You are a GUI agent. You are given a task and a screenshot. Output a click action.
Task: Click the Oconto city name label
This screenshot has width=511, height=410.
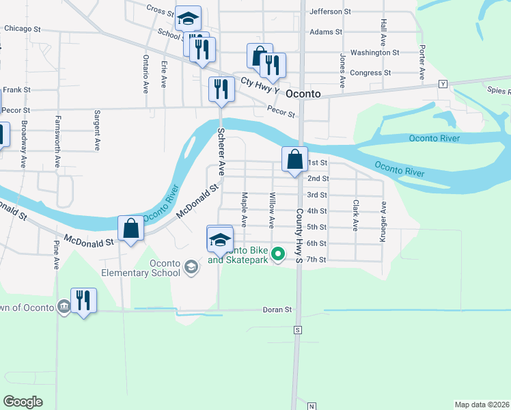pyautogui.click(x=303, y=94)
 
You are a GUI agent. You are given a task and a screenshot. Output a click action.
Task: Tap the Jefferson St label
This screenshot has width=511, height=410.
pyautogui.click(x=330, y=12)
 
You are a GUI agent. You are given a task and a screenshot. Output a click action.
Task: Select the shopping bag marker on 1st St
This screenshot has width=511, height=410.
pyautogui.click(x=294, y=159)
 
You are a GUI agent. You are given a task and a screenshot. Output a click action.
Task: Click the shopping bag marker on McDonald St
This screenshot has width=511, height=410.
pyautogui.click(x=130, y=228)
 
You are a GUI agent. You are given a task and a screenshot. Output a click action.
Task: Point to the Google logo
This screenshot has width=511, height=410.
pyautogui.click(x=23, y=402)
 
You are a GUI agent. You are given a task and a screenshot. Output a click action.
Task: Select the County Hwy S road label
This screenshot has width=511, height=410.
pyautogui.click(x=299, y=236)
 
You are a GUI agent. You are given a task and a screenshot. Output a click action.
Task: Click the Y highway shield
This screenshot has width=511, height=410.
pyautogui.click(x=443, y=83)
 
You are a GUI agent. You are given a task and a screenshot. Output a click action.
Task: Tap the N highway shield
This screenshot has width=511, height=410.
pyautogui.click(x=312, y=406)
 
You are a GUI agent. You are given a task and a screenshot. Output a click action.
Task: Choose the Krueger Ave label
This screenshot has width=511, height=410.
pyautogui.click(x=384, y=221)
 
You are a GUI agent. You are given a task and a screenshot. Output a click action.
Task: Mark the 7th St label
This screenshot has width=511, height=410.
pyautogui.click(x=317, y=260)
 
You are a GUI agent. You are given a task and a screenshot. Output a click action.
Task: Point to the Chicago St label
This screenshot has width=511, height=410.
pyautogui.click(x=23, y=29)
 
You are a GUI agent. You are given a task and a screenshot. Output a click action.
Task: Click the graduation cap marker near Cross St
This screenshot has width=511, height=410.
pyautogui.click(x=187, y=18)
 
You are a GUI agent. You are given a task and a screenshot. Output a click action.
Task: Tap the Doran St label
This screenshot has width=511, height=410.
pyautogui.click(x=277, y=310)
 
